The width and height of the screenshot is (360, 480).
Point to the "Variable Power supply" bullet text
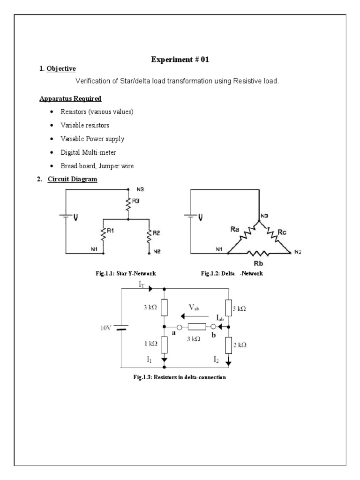tap(92, 139)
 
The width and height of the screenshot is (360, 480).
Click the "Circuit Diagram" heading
tap(73, 180)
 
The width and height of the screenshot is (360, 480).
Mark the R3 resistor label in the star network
tap(136, 201)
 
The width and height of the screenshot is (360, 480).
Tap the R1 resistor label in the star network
tap(111, 231)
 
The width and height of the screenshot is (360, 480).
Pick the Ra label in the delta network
tap(236, 230)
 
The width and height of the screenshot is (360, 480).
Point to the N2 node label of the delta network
tap(298, 252)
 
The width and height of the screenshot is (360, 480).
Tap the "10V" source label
tap(105, 328)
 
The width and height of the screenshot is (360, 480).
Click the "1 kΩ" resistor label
tap(150, 344)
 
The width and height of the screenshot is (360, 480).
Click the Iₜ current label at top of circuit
tap(142, 284)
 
